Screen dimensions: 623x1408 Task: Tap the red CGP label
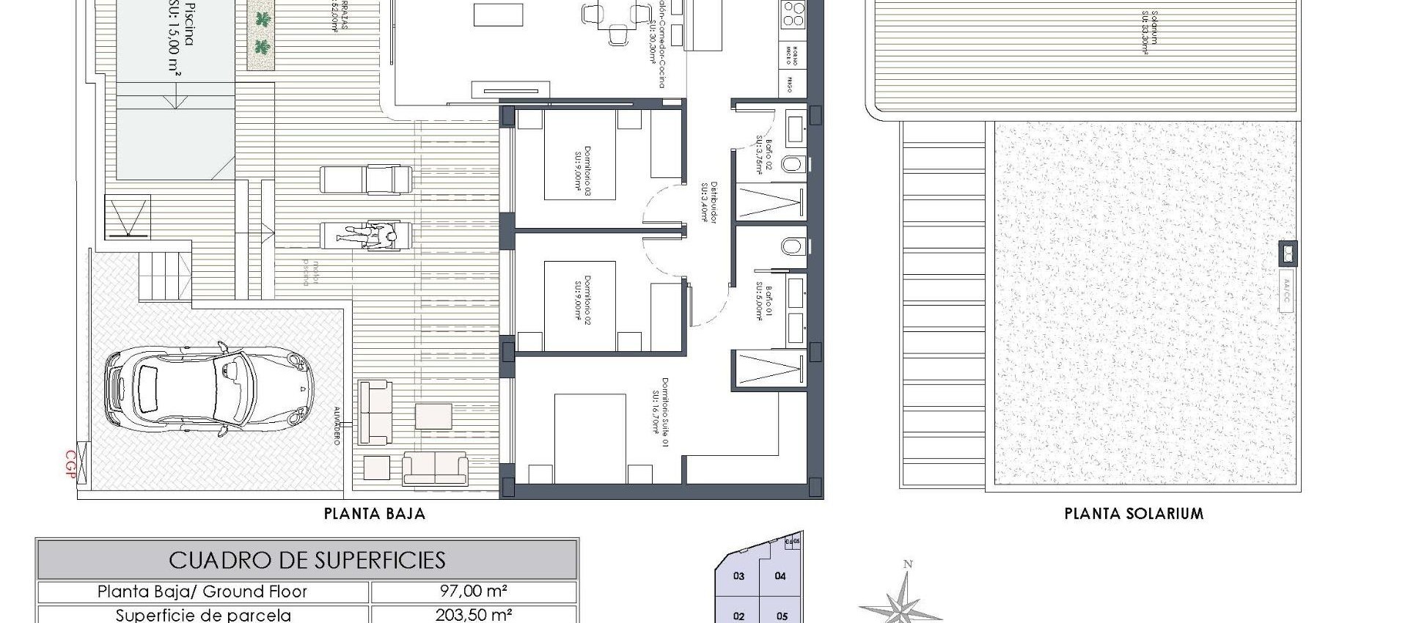[x=71, y=465]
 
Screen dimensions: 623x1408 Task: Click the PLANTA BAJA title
[x=375, y=514]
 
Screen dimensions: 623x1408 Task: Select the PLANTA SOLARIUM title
[x=1134, y=514]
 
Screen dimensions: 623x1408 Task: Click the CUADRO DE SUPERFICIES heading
[x=307, y=561]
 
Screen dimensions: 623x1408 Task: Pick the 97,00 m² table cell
[x=473, y=591]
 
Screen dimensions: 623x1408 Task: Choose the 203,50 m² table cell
[x=473, y=614]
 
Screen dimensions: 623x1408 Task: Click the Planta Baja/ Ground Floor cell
[x=202, y=591]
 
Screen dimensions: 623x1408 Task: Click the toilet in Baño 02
[x=793, y=163]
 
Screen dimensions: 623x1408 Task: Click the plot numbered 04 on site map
[x=780, y=576]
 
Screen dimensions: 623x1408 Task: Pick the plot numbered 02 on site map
[x=738, y=616]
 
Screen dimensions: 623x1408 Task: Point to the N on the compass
[x=908, y=564]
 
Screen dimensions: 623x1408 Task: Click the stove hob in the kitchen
[x=793, y=13]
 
